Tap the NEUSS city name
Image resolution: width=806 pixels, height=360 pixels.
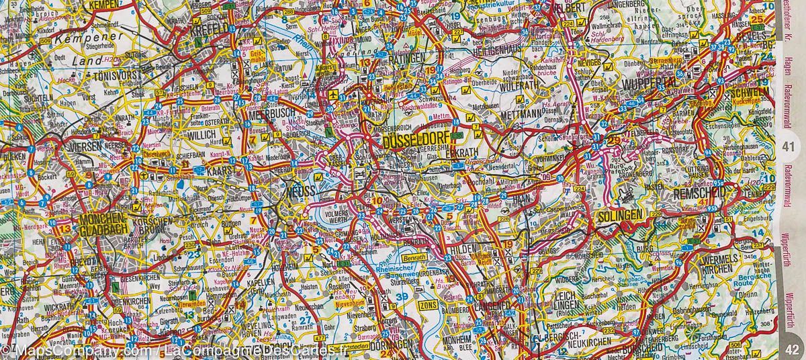tap(301, 192)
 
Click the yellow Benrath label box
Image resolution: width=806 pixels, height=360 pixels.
tap(414, 257)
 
